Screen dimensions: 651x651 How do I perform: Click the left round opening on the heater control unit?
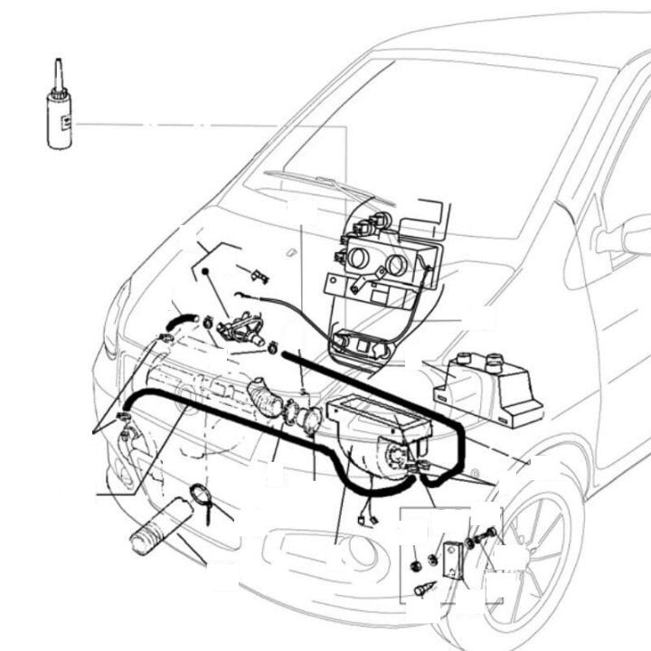[359, 257]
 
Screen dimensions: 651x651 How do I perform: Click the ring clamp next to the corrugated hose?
[199, 495]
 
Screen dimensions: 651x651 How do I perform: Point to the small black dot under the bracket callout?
[206, 270]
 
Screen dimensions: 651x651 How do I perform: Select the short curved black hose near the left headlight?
[180, 321]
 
